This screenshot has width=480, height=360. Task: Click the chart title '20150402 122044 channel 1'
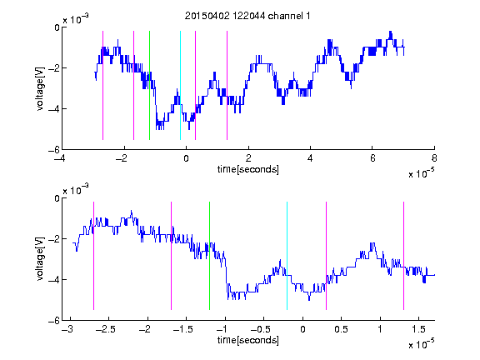pos(247,16)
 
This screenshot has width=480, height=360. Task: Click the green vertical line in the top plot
pos(149,85)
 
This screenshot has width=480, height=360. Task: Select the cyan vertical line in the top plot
pos(180,85)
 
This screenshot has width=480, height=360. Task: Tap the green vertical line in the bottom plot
pos(209,256)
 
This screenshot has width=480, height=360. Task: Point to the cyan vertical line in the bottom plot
pos(287,256)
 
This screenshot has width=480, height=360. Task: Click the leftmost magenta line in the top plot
pos(102,85)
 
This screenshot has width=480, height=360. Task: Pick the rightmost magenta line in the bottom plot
pos(403,256)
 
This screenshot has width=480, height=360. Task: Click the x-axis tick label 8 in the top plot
pos(434,158)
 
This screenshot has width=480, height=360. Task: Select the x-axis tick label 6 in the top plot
pos(372,158)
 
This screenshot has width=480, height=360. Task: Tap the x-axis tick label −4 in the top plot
pos(60,158)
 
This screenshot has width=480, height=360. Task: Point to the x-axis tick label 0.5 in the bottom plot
pos(341,329)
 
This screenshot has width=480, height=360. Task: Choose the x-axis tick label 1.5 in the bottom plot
pos(418,329)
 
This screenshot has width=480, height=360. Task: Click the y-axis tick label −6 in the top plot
pos(54,150)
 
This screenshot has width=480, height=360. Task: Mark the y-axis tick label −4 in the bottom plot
pos(54,279)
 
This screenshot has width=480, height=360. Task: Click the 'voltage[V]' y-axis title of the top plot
pos(40,89)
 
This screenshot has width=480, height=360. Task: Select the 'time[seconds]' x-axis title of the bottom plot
pos(248,340)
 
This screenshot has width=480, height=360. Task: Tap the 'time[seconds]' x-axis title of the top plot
pos(248,169)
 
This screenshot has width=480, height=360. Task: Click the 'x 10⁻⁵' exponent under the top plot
pos(421,172)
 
